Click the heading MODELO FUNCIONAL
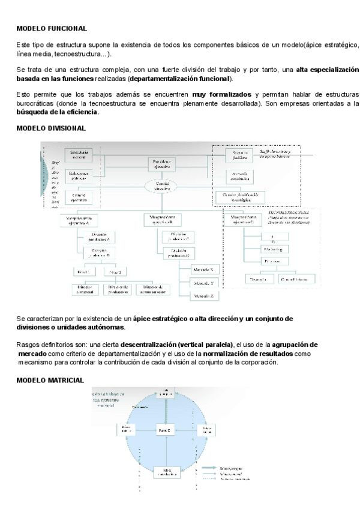[x=52, y=28]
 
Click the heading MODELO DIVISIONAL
[x=50, y=128]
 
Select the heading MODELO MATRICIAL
[x=50, y=381]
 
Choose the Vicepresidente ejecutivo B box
[x=162, y=220]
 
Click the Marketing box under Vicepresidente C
[x=274, y=248]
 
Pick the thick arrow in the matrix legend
[x=209, y=466]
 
